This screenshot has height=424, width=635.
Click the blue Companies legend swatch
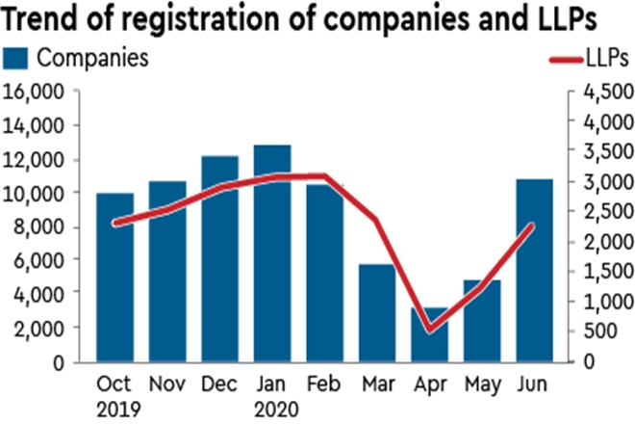pos(16,57)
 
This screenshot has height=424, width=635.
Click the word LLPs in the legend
pos(606,58)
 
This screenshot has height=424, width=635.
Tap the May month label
pos(481,383)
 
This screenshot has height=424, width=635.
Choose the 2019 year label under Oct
pos(114,407)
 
